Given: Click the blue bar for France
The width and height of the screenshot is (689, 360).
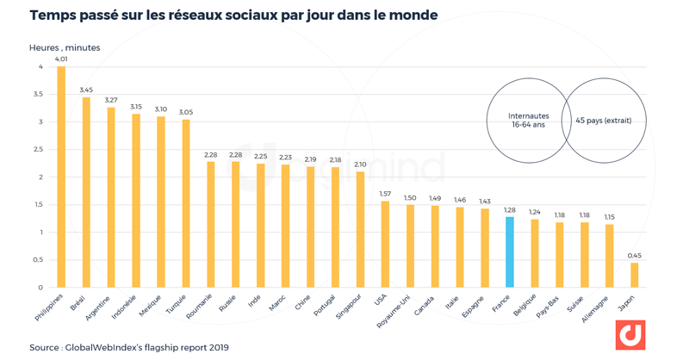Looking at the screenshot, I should [x=509, y=251].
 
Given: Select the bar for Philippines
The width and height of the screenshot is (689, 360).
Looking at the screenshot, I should [x=61, y=177].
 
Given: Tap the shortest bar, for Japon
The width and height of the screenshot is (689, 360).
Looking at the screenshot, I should [x=634, y=275].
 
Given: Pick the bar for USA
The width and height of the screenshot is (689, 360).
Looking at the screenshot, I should [x=384, y=244].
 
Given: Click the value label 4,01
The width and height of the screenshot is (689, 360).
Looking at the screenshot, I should [x=61, y=59].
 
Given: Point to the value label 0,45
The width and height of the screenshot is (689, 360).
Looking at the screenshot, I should [x=634, y=256].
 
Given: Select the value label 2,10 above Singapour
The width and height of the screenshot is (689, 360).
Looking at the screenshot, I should [x=359, y=164].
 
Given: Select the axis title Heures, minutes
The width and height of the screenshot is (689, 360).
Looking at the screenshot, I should [x=65, y=47].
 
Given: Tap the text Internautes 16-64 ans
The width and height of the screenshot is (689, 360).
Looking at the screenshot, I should [x=526, y=121].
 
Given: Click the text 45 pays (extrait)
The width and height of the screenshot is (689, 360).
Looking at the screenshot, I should [x=603, y=121].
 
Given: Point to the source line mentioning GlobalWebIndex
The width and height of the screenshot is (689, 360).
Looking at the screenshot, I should [x=128, y=348].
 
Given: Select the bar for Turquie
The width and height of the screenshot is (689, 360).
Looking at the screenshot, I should [x=185, y=203].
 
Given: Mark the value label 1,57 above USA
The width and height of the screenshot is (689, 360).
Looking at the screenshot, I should [x=384, y=194].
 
